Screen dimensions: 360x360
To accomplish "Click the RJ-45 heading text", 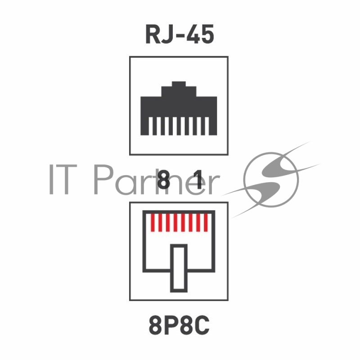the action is point(180,35).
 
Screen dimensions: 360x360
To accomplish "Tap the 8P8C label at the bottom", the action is point(179,325).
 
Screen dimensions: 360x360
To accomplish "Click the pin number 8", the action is point(163,180).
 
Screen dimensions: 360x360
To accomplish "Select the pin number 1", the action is point(198,180).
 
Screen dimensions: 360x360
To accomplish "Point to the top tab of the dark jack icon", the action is point(179,84).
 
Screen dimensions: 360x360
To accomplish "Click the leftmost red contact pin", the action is point(153,222).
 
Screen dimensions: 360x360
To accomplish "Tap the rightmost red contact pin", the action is point(206,222).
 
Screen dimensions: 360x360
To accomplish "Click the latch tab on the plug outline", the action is point(179,268).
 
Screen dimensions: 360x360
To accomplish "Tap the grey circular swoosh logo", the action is point(271,180).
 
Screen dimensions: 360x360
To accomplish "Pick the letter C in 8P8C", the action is point(202,325).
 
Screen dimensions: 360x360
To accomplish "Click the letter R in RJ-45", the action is point(153,35).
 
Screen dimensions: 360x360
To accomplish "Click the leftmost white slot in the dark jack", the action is point(151,126).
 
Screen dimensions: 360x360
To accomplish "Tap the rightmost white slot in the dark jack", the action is point(207,126).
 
